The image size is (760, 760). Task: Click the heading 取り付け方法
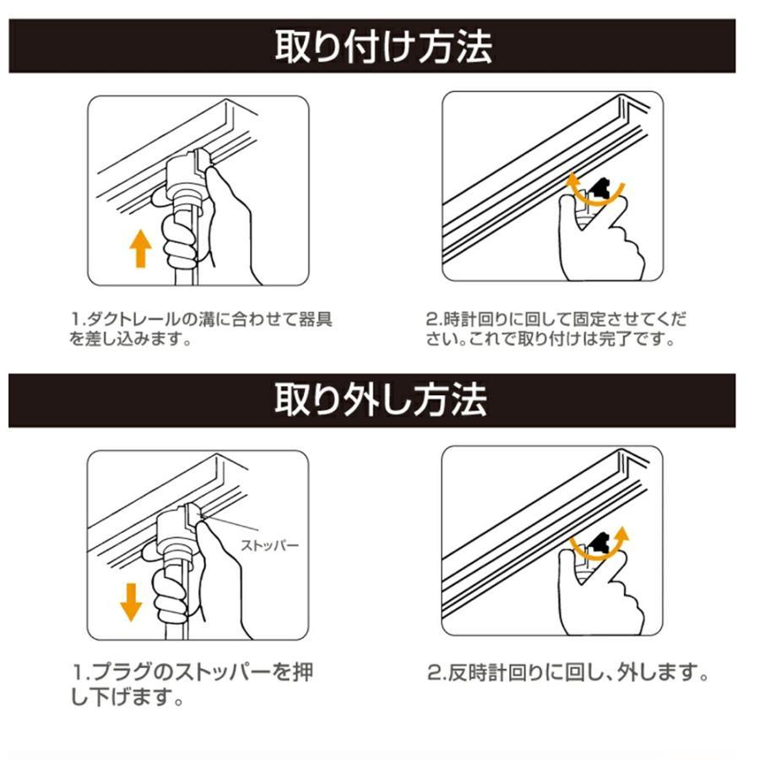[x=383, y=46]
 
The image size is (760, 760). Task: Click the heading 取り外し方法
[x=381, y=400]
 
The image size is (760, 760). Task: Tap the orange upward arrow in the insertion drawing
[x=140, y=248]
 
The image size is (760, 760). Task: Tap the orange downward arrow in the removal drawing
[x=131, y=602]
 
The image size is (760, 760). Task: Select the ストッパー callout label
[x=270, y=546]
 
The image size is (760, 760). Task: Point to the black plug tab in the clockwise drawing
[x=600, y=190]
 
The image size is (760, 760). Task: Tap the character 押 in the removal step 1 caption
[x=303, y=672]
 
